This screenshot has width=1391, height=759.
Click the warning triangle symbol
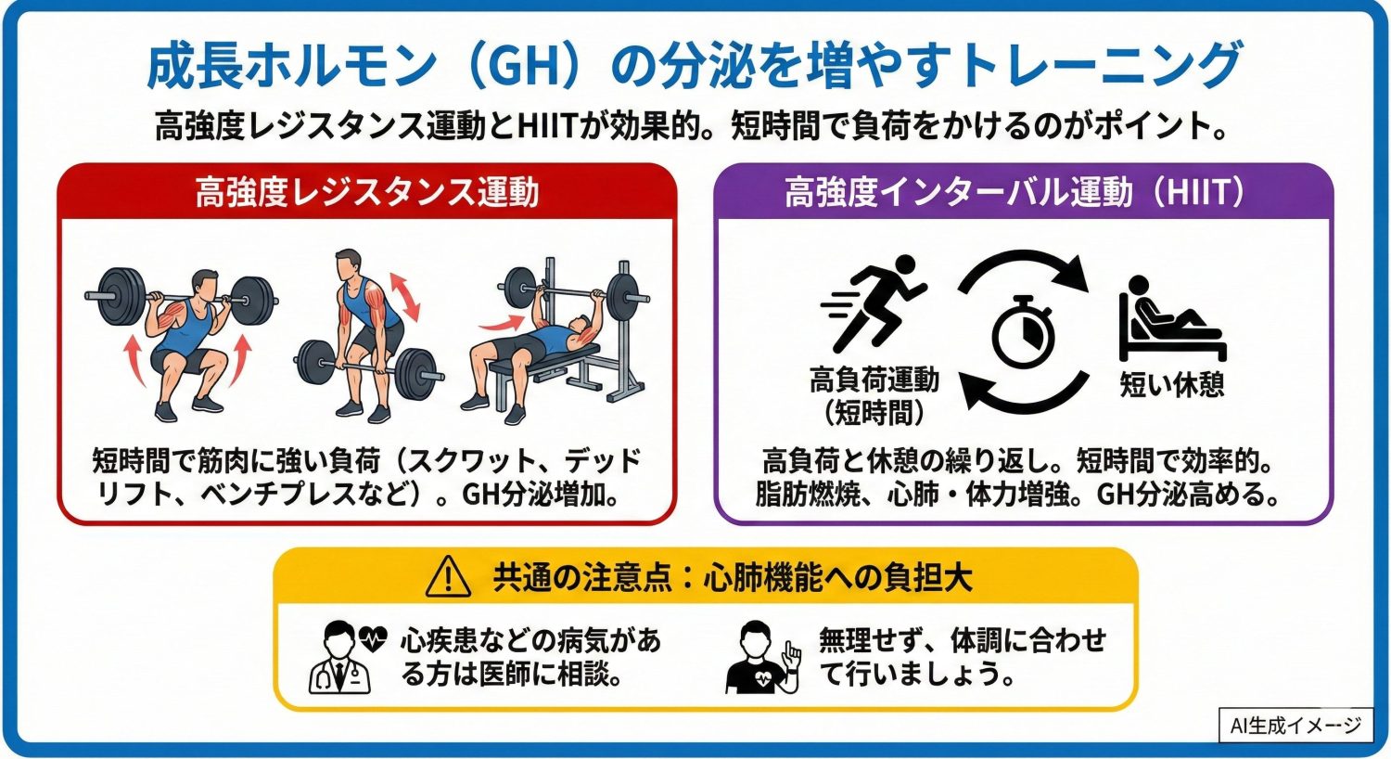coord(448,577)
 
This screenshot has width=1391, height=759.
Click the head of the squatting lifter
coord(203,285)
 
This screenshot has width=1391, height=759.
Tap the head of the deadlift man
coord(347,264)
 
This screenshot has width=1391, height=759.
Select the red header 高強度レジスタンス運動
coord(366,193)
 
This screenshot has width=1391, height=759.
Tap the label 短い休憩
coord(1172,383)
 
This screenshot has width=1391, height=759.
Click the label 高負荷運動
coord(874,379)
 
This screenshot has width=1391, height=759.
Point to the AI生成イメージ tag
coord(1295,726)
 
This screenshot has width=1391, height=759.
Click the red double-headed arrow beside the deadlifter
coord(403,294)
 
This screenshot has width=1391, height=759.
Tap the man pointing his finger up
coord(763,658)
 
